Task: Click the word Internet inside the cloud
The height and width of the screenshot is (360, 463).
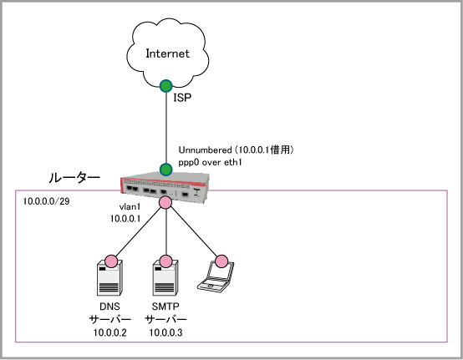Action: (167, 53)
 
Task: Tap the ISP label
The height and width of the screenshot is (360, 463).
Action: (182, 98)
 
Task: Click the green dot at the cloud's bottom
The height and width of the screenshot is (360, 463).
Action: (166, 86)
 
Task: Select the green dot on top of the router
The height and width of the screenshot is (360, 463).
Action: (166, 170)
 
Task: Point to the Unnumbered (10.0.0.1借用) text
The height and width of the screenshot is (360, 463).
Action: (236, 150)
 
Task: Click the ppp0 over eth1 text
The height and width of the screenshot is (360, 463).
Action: (210, 162)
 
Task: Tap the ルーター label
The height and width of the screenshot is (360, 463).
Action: (74, 178)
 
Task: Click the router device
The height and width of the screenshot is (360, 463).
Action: (165, 187)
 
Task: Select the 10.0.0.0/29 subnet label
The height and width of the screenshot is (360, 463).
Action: (46, 201)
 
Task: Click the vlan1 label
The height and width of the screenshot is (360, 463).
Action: (130, 207)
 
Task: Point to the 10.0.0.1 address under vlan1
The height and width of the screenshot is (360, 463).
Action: (125, 219)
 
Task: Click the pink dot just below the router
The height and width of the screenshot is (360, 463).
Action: (165, 202)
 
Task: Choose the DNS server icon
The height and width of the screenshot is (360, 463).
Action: (109, 277)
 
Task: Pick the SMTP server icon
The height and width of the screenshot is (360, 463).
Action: (165, 277)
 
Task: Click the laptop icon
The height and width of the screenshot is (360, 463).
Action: (216, 276)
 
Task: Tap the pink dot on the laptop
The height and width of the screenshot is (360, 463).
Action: (221, 261)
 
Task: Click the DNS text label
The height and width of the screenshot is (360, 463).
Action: (109, 307)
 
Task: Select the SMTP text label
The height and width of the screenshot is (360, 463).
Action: (165, 307)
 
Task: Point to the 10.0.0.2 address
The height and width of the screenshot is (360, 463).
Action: (109, 332)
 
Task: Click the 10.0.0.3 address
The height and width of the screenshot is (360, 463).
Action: (165, 332)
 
